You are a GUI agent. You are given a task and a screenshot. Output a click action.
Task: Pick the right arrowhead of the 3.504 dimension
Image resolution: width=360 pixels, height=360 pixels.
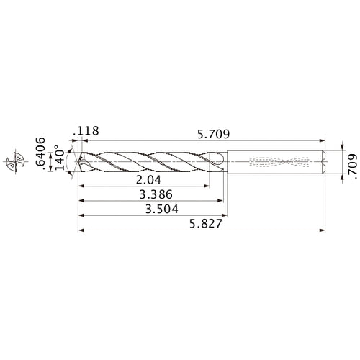point(226,215)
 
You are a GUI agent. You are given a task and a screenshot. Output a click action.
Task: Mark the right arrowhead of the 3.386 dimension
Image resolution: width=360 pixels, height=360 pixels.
point(220,200)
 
